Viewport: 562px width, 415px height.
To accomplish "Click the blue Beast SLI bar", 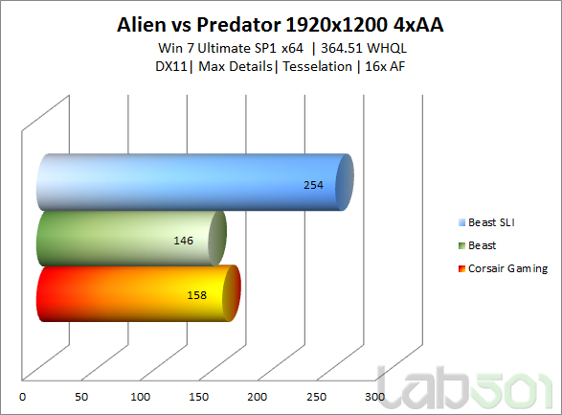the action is [195, 182].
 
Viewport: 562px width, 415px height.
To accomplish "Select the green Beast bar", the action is [131, 239].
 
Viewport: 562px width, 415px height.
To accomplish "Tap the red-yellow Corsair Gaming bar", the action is [139, 293].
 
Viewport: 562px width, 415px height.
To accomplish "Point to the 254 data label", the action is [313, 185].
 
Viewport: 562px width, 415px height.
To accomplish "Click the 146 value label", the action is [183, 241].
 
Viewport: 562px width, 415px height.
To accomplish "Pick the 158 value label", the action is [197, 295].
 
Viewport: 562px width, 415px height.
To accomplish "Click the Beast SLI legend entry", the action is [486, 222].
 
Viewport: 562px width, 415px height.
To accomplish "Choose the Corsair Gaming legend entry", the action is [504, 268].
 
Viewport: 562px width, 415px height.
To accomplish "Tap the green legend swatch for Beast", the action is [462, 245].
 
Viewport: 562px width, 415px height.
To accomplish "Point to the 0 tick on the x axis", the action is [22, 397].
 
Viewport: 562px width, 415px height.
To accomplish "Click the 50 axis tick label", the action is [81, 397].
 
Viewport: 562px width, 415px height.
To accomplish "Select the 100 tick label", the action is [140, 397].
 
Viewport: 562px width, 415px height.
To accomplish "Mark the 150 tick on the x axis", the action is [199, 397].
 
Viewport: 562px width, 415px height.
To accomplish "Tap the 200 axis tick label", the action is [258, 397].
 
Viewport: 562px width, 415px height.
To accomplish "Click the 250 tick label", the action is [317, 397].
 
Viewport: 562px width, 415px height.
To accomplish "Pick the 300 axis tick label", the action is [375, 397].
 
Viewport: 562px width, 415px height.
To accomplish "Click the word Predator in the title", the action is [238, 25].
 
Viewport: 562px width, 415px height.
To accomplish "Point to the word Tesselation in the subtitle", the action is [317, 66].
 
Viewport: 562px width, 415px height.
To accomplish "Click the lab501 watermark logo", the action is [465, 387].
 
